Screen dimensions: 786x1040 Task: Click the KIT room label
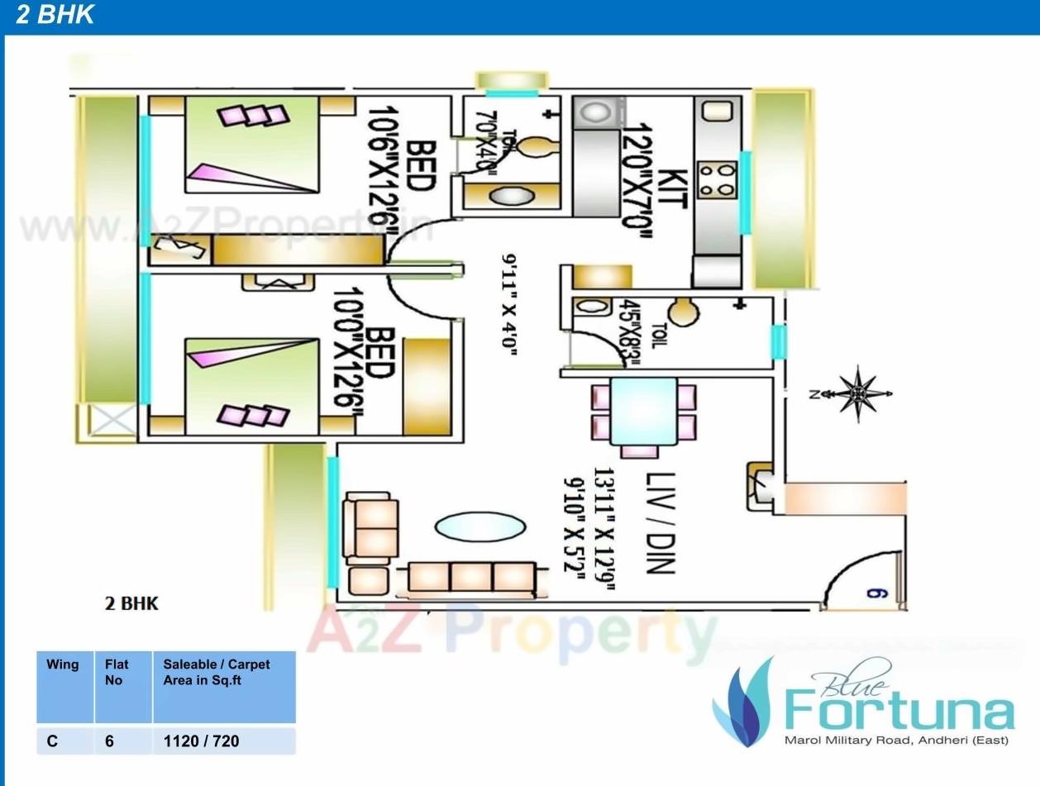tap(675, 191)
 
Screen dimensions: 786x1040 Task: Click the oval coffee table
tap(479, 526)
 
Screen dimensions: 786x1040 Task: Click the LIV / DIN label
tap(661, 523)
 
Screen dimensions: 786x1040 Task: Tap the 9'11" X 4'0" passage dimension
tap(509, 303)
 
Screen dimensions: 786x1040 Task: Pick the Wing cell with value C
tap(52, 741)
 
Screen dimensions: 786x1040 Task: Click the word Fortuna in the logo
tap(898, 711)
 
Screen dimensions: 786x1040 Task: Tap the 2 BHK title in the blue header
tap(55, 16)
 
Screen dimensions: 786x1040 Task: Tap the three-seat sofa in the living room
tap(472, 576)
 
